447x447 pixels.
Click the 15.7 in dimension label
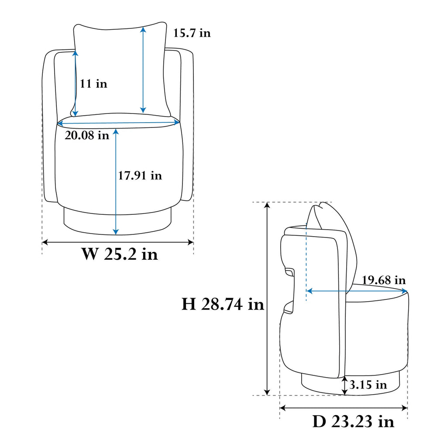(192, 33)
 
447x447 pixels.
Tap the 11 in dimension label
(93, 84)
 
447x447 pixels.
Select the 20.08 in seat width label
(87, 135)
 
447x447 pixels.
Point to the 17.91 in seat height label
(140, 175)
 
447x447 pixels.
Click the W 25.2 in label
(120, 254)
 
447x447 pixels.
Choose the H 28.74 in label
(223, 304)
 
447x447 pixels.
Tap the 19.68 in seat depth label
(384, 280)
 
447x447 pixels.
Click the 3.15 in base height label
(368, 385)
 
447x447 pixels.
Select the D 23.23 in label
(353, 421)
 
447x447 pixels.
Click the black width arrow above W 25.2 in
(118, 243)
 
